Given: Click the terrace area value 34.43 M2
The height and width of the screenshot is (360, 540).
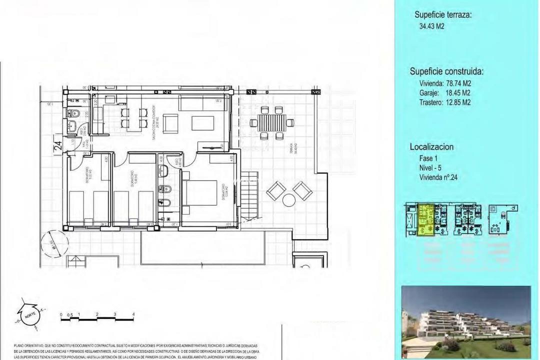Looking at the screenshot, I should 431,26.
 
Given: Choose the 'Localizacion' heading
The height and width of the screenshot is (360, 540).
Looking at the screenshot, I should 431,147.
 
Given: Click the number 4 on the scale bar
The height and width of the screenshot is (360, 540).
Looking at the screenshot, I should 133,314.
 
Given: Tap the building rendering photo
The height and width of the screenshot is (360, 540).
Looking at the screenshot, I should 466,322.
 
